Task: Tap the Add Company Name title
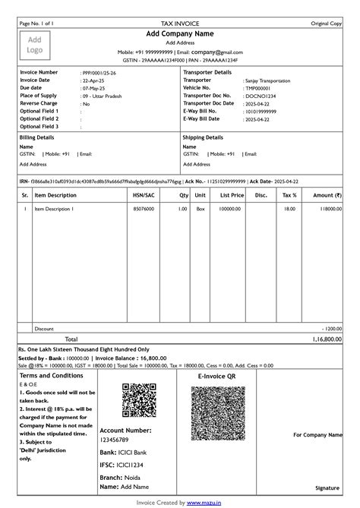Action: tap(180, 34)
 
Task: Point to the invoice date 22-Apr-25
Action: tap(94, 80)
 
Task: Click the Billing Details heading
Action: tap(36, 137)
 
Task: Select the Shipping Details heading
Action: tap(203, 137)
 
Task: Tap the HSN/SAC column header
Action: tap(144, 195)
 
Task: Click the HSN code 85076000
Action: tap(144, 208)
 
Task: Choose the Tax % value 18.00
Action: tap(289, 208)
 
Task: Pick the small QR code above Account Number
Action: tap(139, 401)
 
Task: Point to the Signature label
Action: tap(327, 487)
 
